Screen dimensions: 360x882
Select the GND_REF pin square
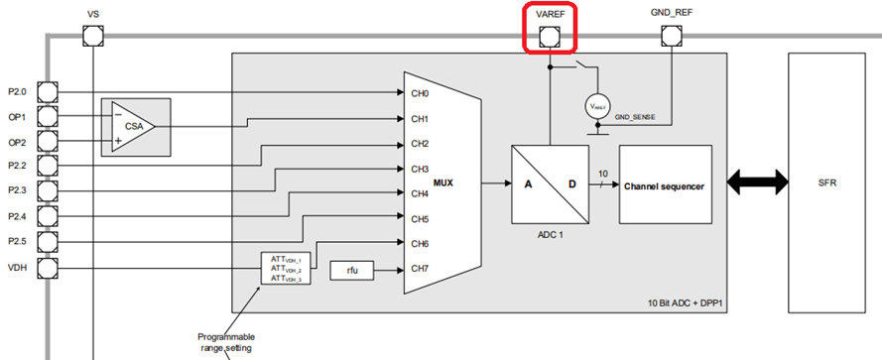click(672, 37)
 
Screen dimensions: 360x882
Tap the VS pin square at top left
click(93, 37)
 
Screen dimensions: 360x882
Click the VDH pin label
click(19, 267)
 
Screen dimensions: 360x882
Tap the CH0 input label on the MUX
click(420, 94)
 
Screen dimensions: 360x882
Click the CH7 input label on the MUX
click(420, 268)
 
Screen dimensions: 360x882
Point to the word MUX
click(444, 182)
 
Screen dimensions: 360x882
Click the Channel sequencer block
click(665, 184)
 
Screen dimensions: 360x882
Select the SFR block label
click(826, 184)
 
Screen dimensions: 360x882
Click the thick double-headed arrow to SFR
click(757, 183)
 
